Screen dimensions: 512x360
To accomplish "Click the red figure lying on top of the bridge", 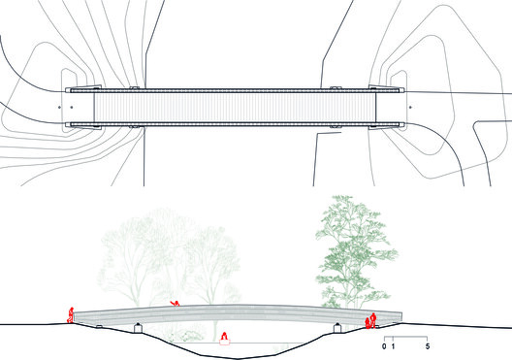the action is [176, 304].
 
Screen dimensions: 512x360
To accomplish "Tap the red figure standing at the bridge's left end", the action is [71, 315].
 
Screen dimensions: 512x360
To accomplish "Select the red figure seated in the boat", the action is [224, 336].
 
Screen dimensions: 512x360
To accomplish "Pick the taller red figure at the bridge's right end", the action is [373, 320].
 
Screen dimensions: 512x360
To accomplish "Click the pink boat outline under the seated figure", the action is [225, 342].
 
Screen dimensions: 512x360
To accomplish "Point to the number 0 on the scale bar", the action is [384, 346].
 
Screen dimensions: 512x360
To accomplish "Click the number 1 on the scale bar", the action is [393, 346].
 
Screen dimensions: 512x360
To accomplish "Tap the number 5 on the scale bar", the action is [428, 346].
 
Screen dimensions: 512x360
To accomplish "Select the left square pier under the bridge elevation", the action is [138, 328].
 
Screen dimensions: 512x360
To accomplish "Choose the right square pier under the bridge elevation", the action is [337, 328].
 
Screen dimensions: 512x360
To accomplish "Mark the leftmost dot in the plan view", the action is [59, 107].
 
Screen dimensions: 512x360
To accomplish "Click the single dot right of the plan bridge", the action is [410, 107].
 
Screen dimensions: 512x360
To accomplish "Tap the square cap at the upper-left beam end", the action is [68, 90].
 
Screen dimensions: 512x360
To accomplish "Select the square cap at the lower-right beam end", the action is [402, 124].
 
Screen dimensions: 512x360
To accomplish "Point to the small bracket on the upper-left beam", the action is [134, 88].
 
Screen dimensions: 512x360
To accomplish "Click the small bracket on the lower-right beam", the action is [335, 126].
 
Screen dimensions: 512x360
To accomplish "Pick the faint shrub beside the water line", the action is [189, 337].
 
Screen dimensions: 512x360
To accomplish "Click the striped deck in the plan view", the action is [235, 107].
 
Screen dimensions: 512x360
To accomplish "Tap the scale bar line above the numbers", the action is [405, 337].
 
